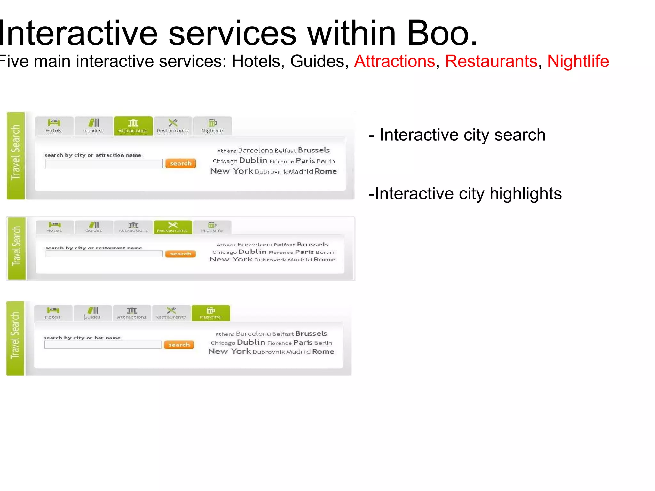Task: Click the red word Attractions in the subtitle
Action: [x=394, y=61]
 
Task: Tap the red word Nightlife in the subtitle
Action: [x=578, y=61]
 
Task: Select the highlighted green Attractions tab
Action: [x=133, y=126]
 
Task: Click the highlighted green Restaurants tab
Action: [x=173, y=227]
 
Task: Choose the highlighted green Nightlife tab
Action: [x=210, y=313]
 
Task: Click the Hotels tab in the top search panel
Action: [x=54, y=126]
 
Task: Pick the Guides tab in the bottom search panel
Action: [x=92, y=313]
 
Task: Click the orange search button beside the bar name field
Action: [x=179, y=345]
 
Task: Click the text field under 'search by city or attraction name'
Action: [x=104, y=163]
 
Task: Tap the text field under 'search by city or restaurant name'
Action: [x=104, y=254]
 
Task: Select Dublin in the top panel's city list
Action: [x=253, y=160]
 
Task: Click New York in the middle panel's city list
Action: [x=231, y=259]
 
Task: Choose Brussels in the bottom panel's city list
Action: [x=311, y=334]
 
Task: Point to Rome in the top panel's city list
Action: [x=326, y=171]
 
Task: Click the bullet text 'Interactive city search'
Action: [x=462, y=135]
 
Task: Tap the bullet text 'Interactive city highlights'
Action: [x=468, y=194]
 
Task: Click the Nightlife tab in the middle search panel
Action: [x=212, y=227]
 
